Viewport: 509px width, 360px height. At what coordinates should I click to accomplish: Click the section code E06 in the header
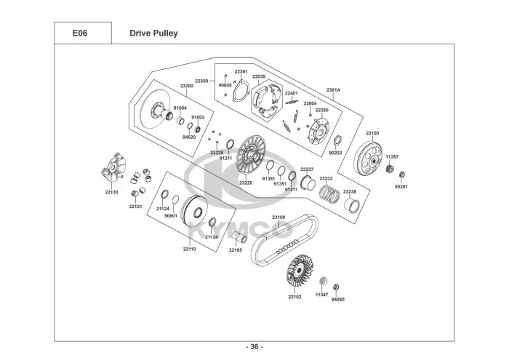coord(79,33)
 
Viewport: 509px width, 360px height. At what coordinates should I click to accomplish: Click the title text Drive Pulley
coord(153,33)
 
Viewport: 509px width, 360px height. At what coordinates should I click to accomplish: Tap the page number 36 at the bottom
coord(254,347)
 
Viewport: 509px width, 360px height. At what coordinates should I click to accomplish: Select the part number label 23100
coord(278,217)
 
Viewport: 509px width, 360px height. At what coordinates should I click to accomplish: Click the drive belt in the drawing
coord(284,239)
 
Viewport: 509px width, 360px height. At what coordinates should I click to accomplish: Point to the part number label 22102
coord(294,297)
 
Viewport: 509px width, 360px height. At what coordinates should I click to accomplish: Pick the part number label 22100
coord(372,133)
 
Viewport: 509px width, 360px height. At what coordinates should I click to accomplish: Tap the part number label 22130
coord(111,192)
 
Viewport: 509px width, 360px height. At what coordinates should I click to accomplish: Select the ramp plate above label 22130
coord(113,168)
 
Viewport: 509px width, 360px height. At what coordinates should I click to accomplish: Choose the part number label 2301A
coord(333,89)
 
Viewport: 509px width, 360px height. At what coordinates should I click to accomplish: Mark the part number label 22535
coord(259,76)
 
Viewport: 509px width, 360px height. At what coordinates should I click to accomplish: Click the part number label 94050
coord(337,300)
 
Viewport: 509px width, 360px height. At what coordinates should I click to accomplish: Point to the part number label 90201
coord(401,187)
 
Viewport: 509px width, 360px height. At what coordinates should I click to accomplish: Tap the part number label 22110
coord(189,249)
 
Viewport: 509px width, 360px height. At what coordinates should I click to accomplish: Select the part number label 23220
coord(246,183)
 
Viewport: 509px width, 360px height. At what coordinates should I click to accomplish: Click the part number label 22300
coord(201,81)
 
